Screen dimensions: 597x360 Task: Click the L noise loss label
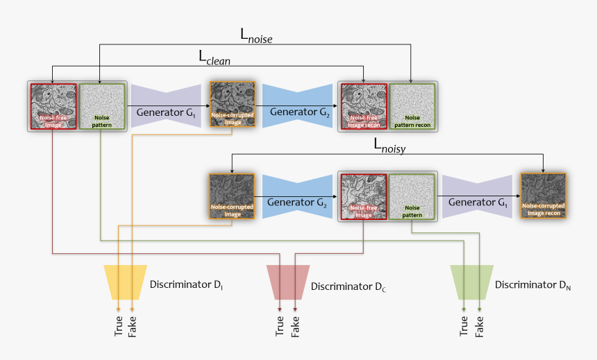pyautogui.click(x=256, y=36)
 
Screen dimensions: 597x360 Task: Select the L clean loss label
pyautogui.click(x=215, y=58)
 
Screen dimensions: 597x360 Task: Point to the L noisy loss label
pyautogui.click(x=389, y=146)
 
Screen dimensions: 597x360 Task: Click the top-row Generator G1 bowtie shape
pyautogui.click(x=166, y=106)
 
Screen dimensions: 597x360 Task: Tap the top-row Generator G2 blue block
pyautogui.click(x=297, y=106)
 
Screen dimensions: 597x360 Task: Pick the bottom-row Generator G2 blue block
pyautogui.click(x=297, y=196)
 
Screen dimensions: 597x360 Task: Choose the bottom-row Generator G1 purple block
pyautogui.click(x=477, y=196)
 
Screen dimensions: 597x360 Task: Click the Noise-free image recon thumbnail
pyautogui.click(x=364, y=107)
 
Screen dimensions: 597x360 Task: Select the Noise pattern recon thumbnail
pyautogui.click(x=412, y=107)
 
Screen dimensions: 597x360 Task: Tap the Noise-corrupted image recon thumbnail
pyautogui.click(x=544, y=196)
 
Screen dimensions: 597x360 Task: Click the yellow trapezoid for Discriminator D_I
pyautogui.click(x=125, y=282)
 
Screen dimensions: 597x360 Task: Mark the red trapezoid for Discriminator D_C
pyautogui.click(x=288, y=282)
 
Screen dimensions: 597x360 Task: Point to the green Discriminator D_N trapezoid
pyautogui.click(x=472, y=282)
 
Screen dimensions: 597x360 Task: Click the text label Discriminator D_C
pyautogui.click(x=348, y=286)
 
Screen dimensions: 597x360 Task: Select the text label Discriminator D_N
pyautogui.click(x=532, y=285)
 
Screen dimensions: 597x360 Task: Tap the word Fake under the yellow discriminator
pyautogui.click(x=132, y=327)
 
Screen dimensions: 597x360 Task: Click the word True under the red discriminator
pyautogui.click(x=280, y=326)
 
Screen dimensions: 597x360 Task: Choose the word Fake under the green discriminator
pyautogui.click(x=479, y=327)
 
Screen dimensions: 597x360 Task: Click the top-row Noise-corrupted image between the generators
pyautogui.click(x=233, y=104)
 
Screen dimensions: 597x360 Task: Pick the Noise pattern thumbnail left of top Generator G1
pyautogui.click(x=101, y=107)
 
